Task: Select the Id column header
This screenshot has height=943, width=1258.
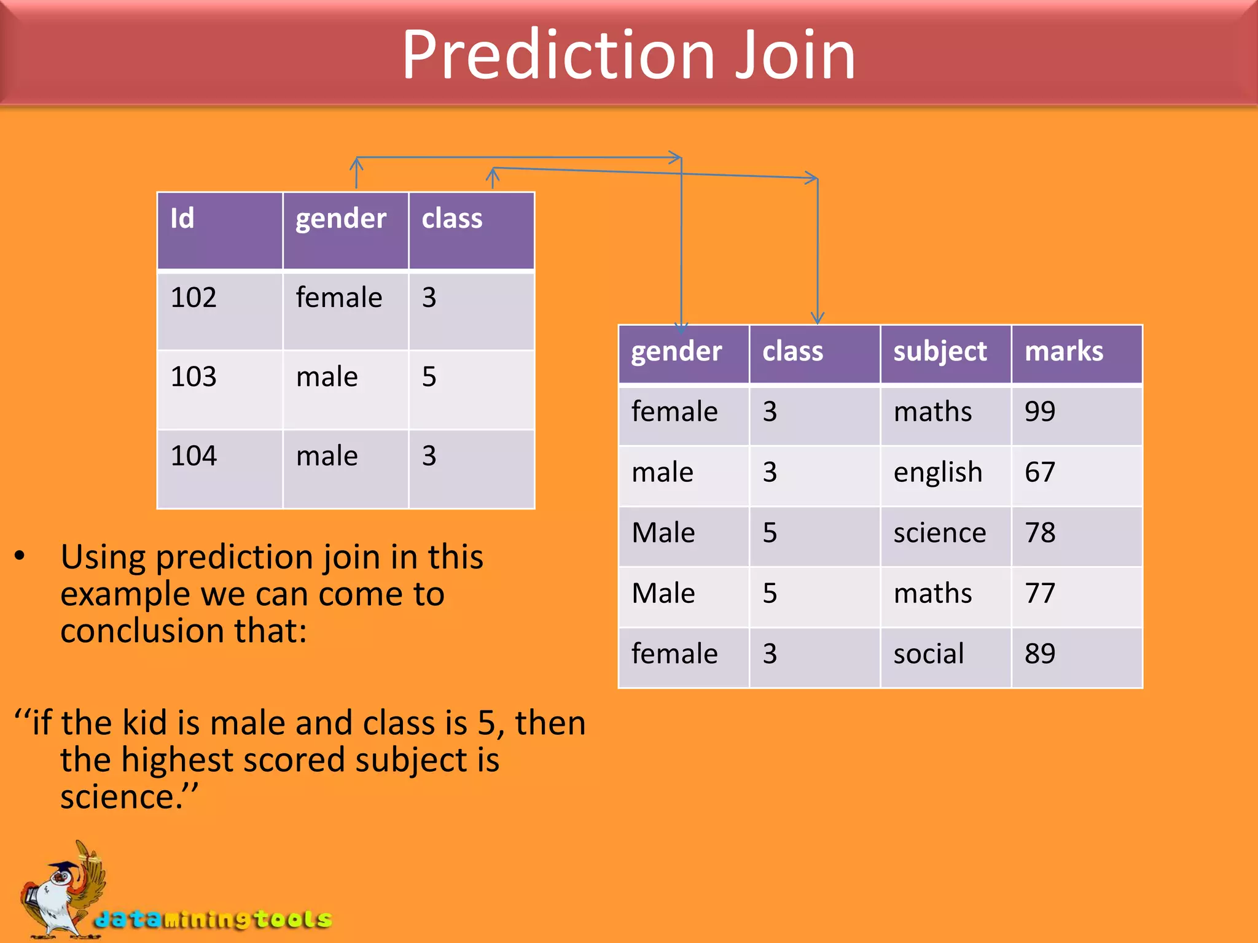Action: [x=219, y=231]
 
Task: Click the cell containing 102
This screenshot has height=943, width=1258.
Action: [x=219, y=310]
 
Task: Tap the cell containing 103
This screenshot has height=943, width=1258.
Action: [x=219, y=389]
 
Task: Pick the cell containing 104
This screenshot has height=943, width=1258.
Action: [x=219, y=468]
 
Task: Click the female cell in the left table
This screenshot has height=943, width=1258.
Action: [x=345, y=310]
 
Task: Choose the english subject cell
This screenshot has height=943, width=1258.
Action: [x=945, y=475]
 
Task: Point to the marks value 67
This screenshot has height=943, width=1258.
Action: [x=1076, y=475]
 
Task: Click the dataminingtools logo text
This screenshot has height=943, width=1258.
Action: [x=213, y=919]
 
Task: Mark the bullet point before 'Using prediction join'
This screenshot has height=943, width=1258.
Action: [x=20, y=556]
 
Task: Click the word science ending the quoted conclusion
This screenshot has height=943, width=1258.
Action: [x=120, y=797]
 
